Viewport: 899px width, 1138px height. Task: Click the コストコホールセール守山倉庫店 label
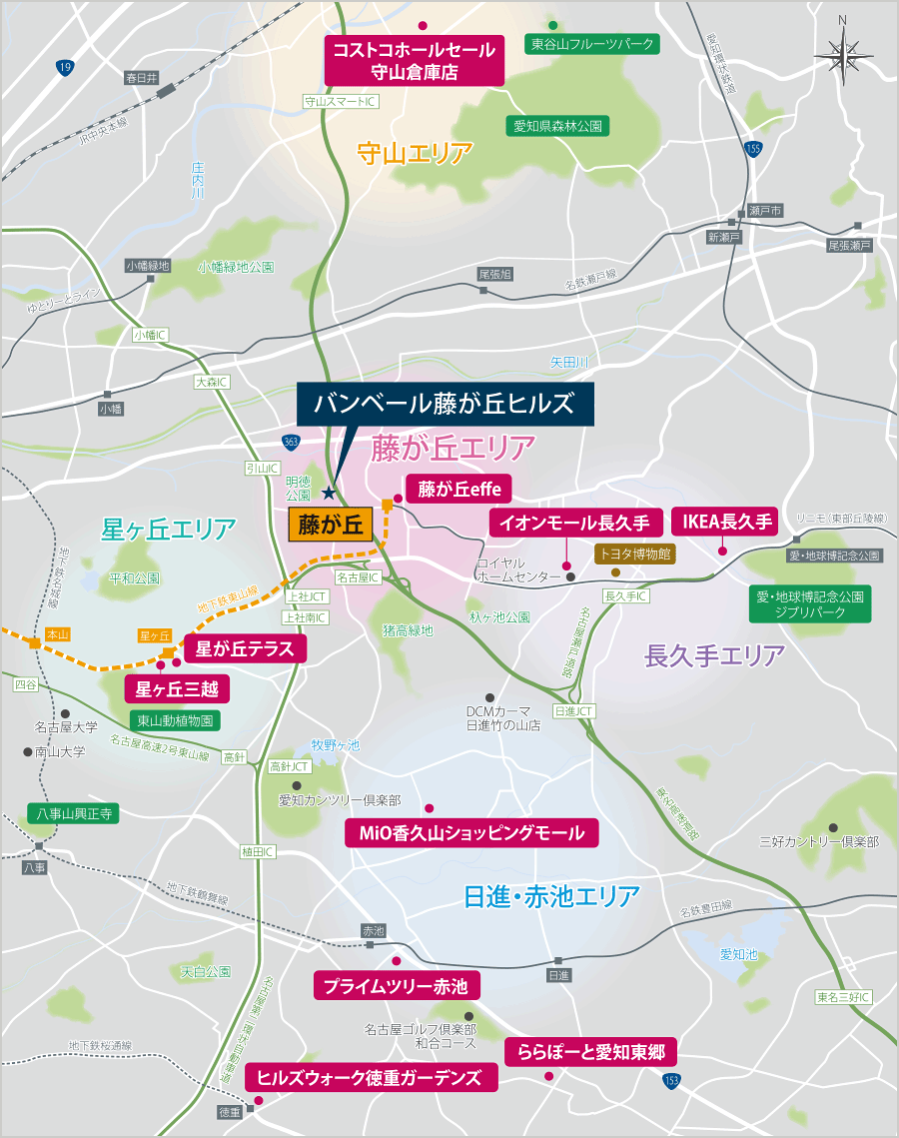tap(415, 61)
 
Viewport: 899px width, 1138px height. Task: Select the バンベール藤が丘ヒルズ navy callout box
tap(445, 404)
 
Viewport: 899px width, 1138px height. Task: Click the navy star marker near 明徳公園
tap(330, 492)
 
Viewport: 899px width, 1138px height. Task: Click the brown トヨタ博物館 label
tap(634, 552)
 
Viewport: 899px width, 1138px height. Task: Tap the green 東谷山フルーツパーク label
tap(592, 45)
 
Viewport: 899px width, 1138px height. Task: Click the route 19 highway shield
tap(65, 67)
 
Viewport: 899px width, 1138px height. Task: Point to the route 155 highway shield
tap(751, 149)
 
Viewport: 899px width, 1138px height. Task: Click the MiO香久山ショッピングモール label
tap(471, 832)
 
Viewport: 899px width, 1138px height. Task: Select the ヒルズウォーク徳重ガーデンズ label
tap(370, 1077)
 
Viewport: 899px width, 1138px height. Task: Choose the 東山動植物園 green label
tap(176, 719)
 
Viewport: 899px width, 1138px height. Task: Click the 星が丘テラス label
tap(244, 648)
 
